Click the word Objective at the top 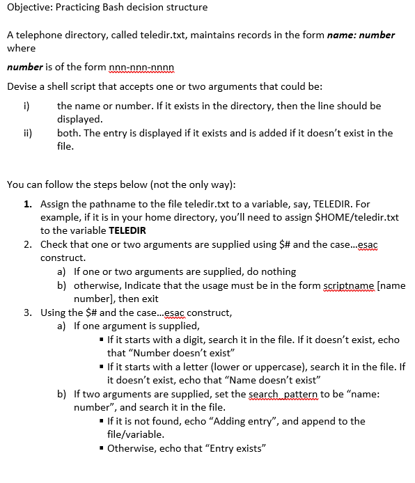click(x=29, y=8)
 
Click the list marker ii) click(x=28, y=133)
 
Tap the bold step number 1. click(x=26, y=204)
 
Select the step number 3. click(x=26, y=312)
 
